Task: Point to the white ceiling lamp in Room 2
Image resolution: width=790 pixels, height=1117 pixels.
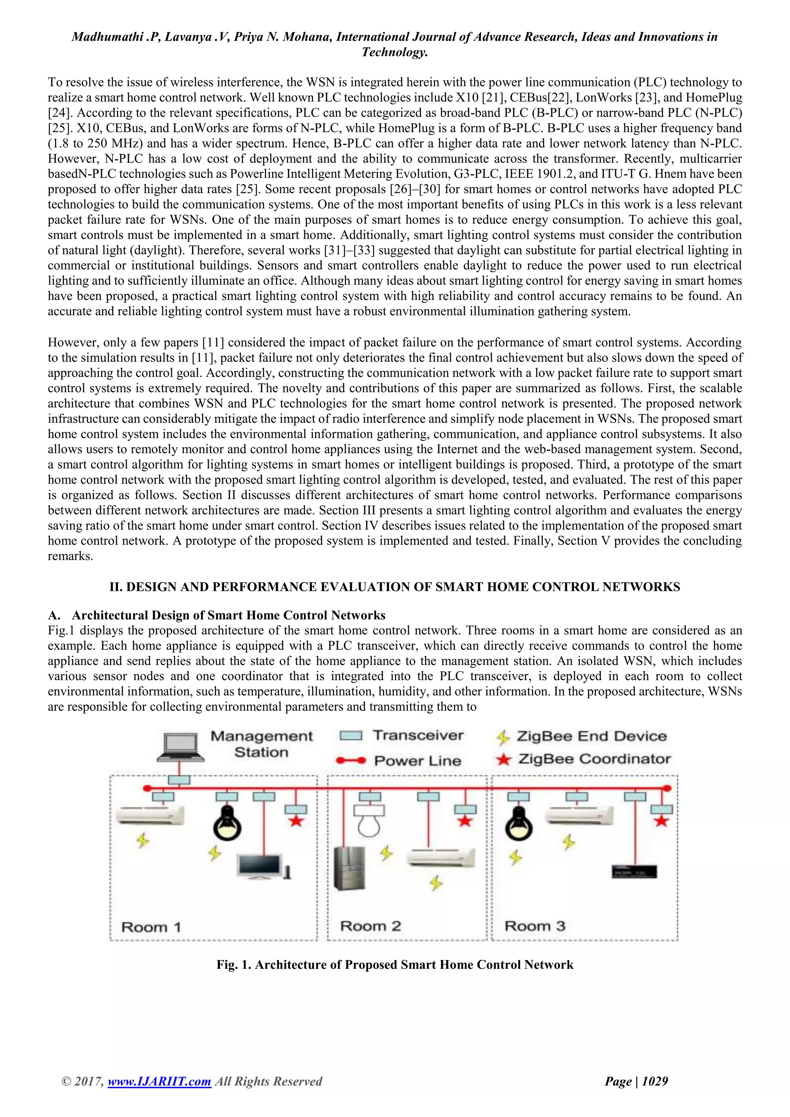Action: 369,820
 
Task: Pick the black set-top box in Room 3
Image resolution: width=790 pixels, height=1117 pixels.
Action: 634,871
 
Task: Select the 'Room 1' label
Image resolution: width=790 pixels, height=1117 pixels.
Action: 151,927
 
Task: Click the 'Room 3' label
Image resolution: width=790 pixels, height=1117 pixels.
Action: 535,926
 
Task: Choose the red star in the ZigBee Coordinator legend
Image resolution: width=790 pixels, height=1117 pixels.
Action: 503,759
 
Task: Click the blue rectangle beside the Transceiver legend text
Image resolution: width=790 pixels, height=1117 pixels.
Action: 351,736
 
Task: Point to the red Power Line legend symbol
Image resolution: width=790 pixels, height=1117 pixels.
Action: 351,760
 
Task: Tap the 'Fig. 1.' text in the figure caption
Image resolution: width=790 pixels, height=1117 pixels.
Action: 234,965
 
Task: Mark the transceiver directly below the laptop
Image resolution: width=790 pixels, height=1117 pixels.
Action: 179,780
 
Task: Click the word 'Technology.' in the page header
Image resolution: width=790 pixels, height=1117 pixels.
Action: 395,52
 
